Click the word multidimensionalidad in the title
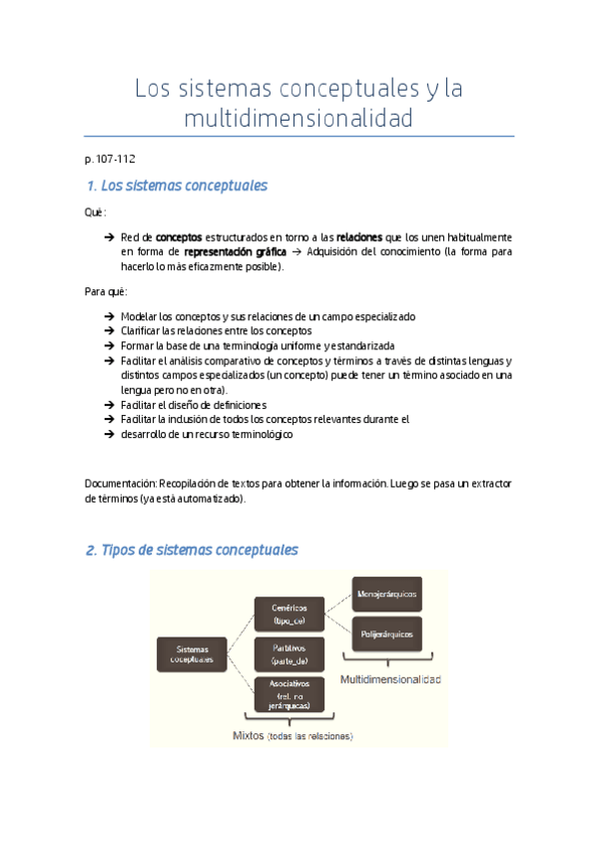click(x=299, y=120)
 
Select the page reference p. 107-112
click(x=110, y=159)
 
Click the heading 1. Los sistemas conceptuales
click(x=177, y=187)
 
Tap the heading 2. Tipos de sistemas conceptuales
click(x=192, y=550)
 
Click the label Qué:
click(x=96, y=212)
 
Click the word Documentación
click(x=120, y=483)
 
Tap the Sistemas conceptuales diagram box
click(x=191, y=653)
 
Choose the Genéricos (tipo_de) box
click(x=289, y=613)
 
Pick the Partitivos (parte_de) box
click(x=289, y=653)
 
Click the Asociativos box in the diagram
click(x=289, y=694)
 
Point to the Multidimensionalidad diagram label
click(x=390, y=678)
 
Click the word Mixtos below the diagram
click(x=249, y=735)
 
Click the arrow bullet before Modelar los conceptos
click(x=108, y=316)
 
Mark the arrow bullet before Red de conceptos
click(x=108, y=237)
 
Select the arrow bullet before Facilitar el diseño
click(x=108, y=405)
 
